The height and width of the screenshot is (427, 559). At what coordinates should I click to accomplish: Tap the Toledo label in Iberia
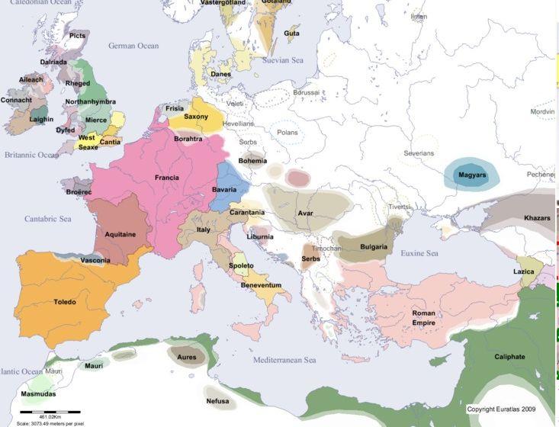pyautogui.click(x=65, y=302)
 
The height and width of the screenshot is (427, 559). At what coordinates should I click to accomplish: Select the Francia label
pyautogui.click(x=166, y=178)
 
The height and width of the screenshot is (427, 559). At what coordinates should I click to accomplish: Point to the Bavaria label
pyautogui.click(x=224, y=188)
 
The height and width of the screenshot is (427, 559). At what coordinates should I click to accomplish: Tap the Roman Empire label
pyautogui.click(x=423, y=318)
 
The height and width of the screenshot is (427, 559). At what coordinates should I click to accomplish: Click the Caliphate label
pyautogui.click(x=509, y=356)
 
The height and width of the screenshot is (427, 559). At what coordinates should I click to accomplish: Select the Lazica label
pyautogui.click(x=524, y=271)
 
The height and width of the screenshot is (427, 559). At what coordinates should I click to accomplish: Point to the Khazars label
pyautogui.click(x=537, y=218)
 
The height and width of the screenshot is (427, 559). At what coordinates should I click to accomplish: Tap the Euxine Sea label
pyautogui.click(x=419, y=253)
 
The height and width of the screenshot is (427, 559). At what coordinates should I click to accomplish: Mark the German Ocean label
pyautogui.click(x=133, y=46)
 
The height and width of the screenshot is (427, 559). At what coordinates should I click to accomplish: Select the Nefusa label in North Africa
pyautogui.click(x=217, y=401)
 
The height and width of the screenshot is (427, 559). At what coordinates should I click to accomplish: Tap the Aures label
pyautogui.click(x=186, y=357)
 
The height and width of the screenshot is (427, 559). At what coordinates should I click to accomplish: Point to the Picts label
pyautogui.click(x=77, y=35)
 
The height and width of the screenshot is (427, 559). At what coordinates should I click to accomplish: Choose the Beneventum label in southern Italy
pyautogui.click(x=261, y=284)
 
